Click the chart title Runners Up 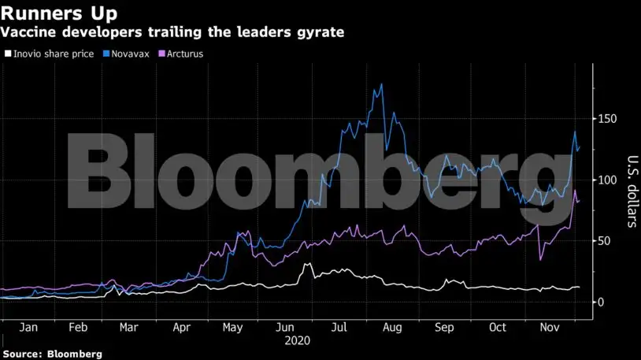click(x=60, y=13)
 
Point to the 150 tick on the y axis click(x=606, y=119)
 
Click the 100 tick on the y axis click(x=606, y=180)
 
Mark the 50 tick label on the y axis click(x=602, y=241)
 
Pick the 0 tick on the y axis click(x=599, y=302)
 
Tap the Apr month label click(x=181, y=327)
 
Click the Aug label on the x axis click(x=391, y=327)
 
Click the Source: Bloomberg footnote click(x=52, y=354)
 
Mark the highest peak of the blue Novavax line click(x=382, y=84)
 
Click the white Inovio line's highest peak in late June click(x=306, y=264)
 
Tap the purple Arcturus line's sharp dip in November click(x=541, y=259)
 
